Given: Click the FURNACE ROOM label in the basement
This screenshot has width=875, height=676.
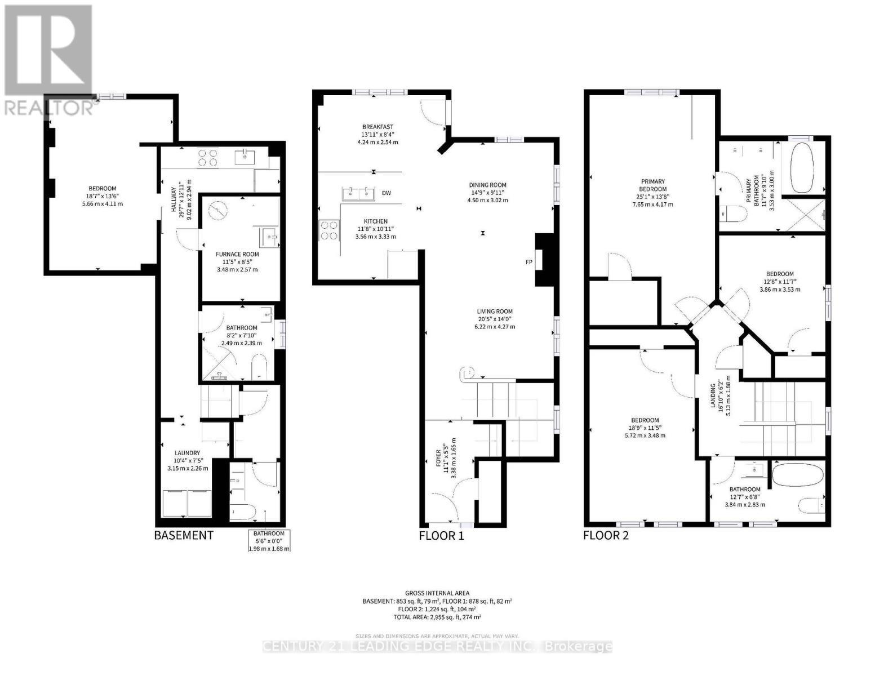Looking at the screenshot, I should [x=237, y=254].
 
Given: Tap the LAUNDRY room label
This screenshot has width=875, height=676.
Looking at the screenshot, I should [x=187, y=452].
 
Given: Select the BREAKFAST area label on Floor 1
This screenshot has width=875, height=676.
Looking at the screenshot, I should [x=377, y=127].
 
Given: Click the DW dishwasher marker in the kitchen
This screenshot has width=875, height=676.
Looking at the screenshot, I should [x=387, y=193].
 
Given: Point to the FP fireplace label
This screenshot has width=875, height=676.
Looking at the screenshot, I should [x=528, y=262].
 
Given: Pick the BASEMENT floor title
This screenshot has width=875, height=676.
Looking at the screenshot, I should [x=184, y=535].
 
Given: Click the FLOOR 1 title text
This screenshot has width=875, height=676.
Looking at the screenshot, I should [x=441, y=535].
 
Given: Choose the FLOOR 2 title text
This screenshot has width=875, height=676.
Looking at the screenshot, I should [x=606, y=535].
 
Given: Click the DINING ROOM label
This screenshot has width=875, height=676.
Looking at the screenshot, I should [x=488, y=185].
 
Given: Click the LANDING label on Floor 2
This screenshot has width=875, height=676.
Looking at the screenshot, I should [x=713, y=395].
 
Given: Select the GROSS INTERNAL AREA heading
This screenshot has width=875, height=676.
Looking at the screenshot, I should [x=437, y=593].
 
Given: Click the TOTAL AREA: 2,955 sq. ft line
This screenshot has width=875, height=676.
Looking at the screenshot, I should [x=437, y=617].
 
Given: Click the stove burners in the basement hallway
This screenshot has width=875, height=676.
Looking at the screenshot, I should [x=207, y=157].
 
